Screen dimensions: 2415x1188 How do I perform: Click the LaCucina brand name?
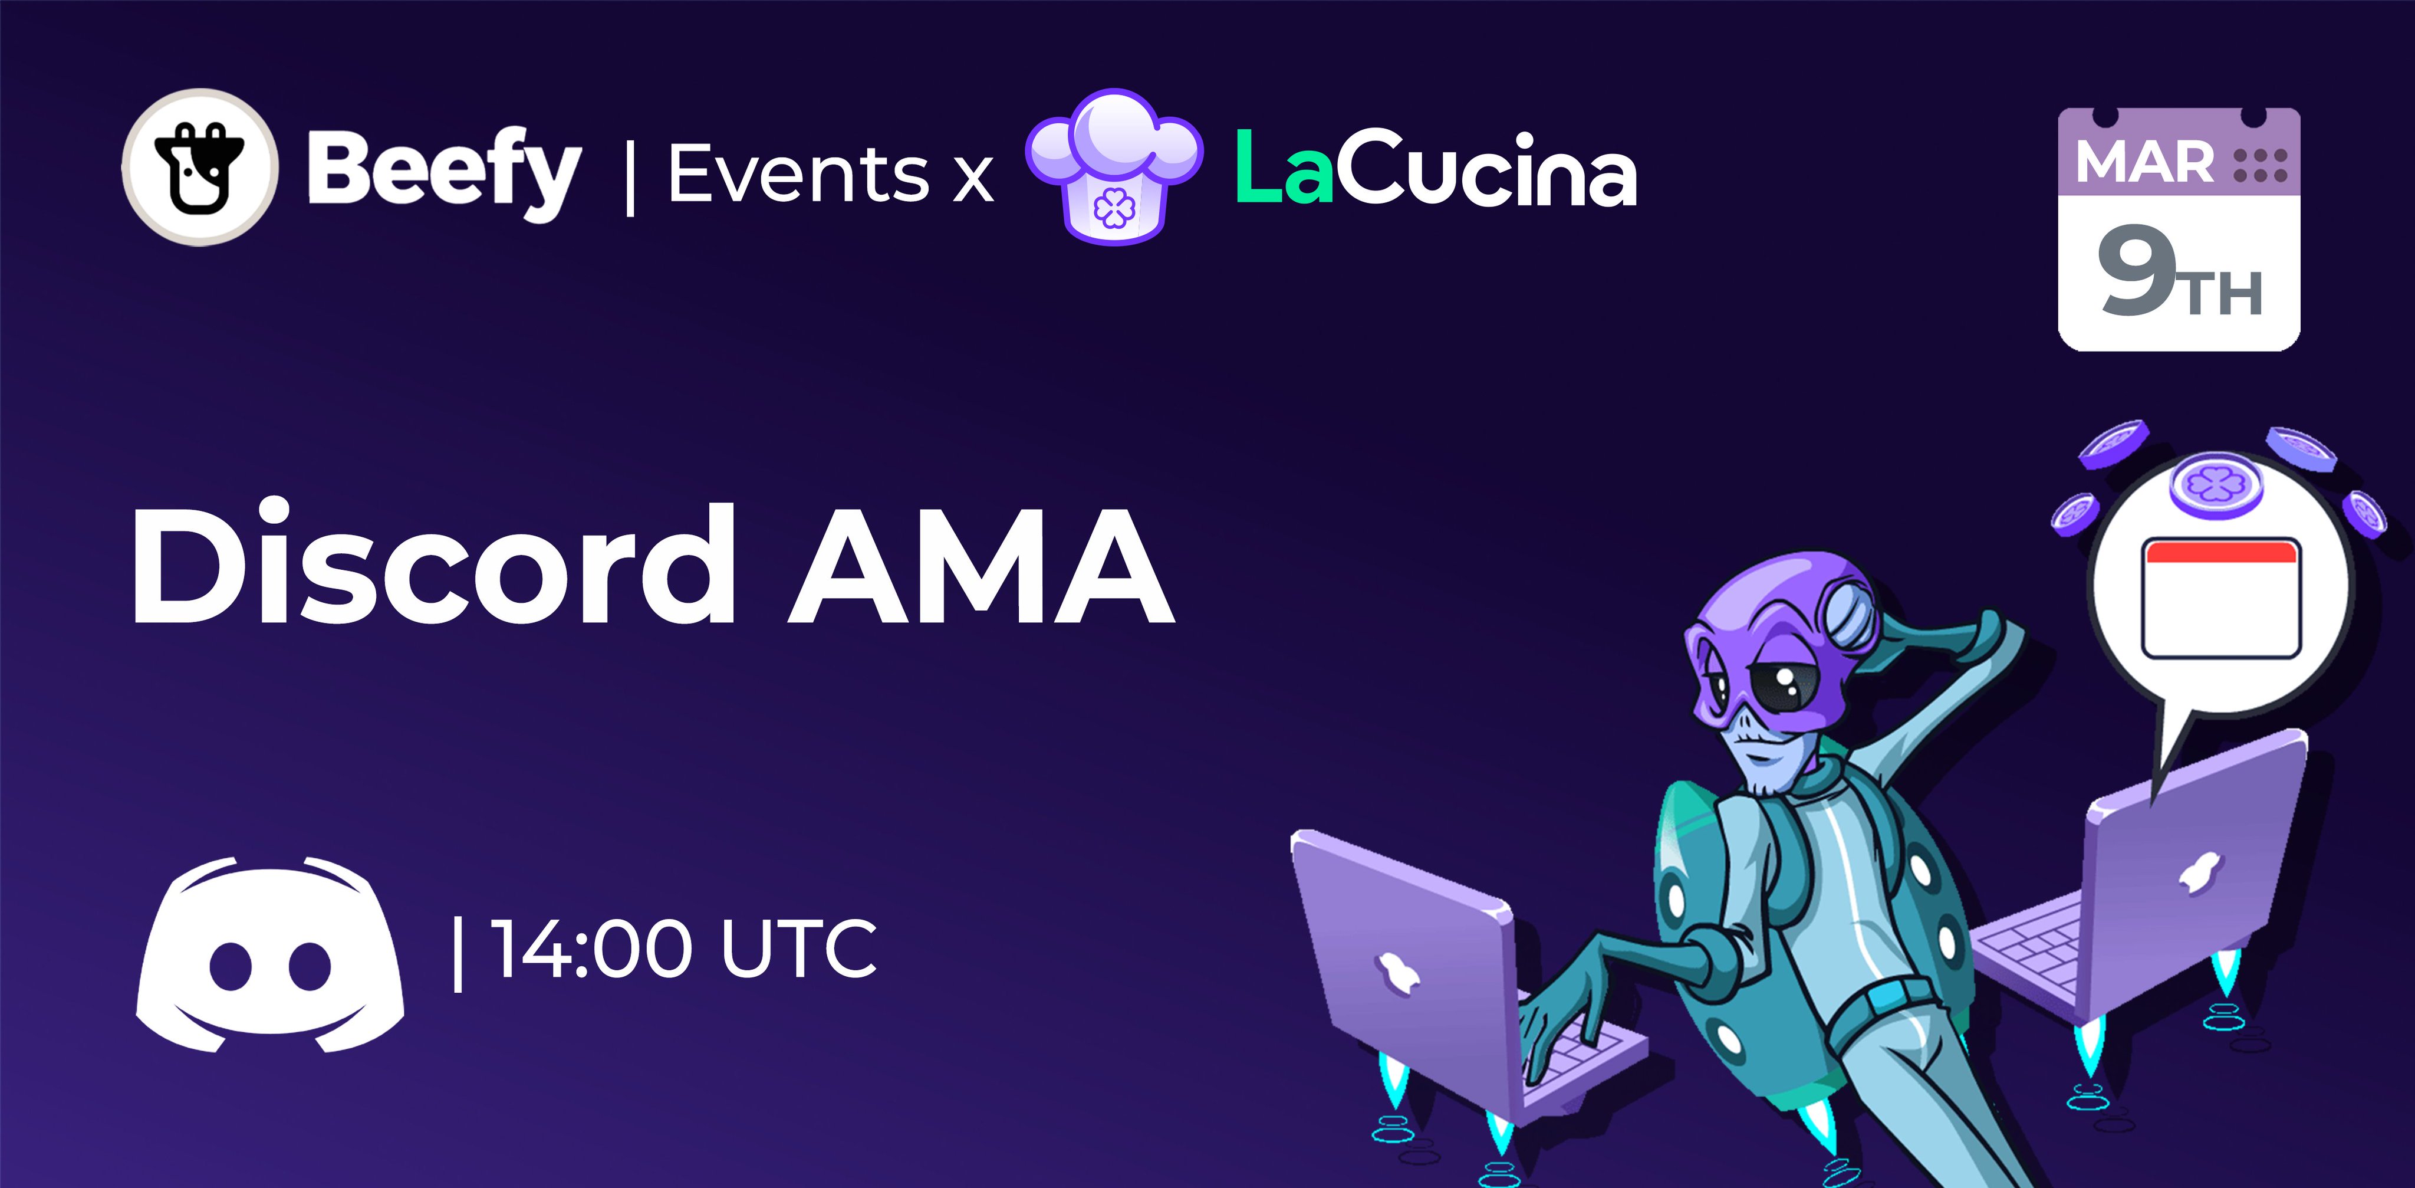click(x=1435, y=169)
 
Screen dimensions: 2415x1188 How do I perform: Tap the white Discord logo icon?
click(x=270, y=954)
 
